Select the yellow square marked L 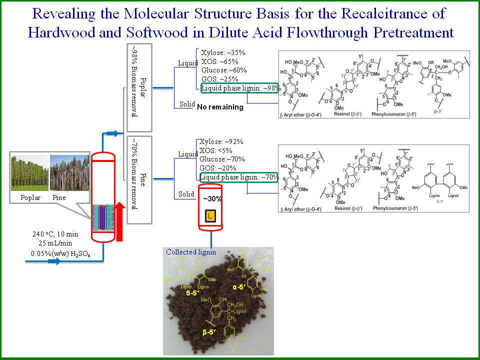(210, 216)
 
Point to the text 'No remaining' (220, 107)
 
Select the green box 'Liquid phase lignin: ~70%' (238, 177)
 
